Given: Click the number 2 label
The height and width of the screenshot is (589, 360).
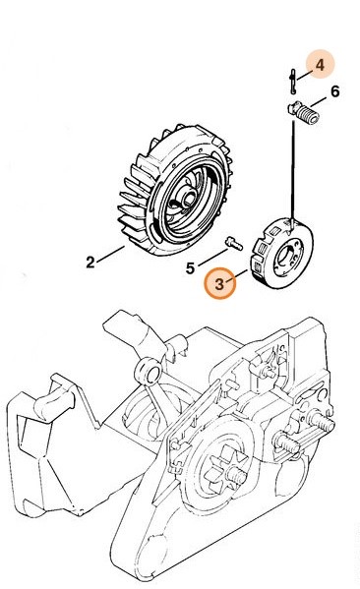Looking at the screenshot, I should click(x=90, y=263).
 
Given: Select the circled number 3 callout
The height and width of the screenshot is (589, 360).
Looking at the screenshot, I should click(x=220, y=284).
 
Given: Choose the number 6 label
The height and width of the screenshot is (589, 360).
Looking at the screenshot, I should click(x=333, y=93).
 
